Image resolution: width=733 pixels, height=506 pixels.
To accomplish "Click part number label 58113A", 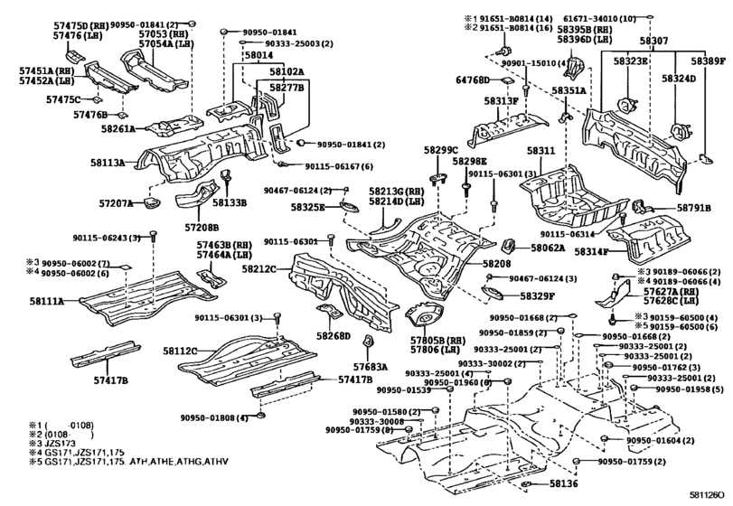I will click(x=108, y=164).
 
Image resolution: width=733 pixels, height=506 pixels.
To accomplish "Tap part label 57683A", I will click(x=371, y=368).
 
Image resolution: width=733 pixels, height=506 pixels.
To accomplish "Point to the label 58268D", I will click(x=333, y=336).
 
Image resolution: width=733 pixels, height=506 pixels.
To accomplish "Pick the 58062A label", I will click(x=548, y=247).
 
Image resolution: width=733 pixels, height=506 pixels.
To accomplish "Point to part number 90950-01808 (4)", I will click(x=213, y=417).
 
